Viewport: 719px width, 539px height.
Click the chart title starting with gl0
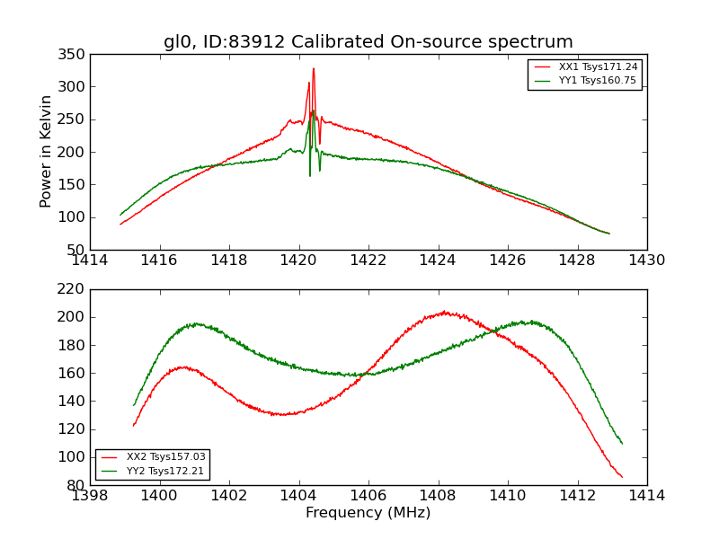[368, 42]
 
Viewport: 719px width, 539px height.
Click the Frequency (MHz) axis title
[368, 513]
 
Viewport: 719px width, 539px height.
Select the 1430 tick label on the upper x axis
[646, 261]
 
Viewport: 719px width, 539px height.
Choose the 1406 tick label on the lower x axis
[368, 496]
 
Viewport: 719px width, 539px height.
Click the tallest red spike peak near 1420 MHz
[314, 68]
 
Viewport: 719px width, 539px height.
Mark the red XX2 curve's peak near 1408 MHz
[444, 312]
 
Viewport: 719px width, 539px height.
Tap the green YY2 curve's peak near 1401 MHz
[194, 323]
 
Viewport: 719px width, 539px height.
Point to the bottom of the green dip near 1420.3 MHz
[310, 175]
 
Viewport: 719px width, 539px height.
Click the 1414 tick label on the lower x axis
[646, 496]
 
